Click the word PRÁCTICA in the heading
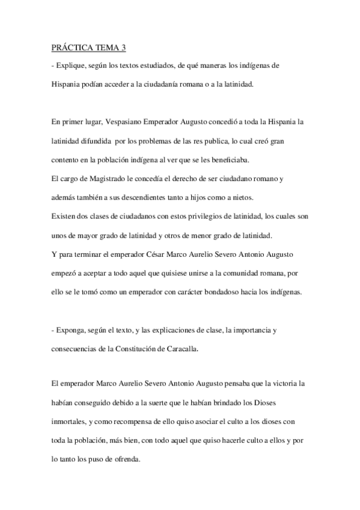[x=69, y=48]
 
